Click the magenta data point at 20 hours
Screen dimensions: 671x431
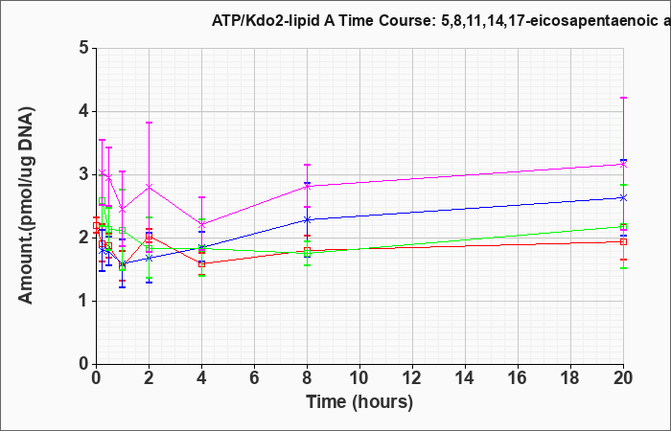623,164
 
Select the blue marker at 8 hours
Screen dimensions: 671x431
308,219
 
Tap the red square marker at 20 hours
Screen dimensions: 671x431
623,241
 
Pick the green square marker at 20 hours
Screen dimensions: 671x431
623,227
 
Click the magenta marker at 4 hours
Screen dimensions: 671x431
201,224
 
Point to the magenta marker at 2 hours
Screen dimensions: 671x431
149,187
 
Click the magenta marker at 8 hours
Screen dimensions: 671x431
308,186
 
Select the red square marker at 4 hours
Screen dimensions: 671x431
201,263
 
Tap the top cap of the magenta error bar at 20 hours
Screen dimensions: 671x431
623,98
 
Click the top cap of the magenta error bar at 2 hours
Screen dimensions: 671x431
149,123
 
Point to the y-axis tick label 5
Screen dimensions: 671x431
84,48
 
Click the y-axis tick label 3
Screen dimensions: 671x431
84,174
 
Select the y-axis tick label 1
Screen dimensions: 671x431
84,301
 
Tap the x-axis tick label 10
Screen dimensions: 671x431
359,378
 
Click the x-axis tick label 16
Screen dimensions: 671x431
518,378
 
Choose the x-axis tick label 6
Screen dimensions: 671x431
255,378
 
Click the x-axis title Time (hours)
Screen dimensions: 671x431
359,402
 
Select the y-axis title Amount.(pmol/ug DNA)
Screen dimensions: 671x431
27,206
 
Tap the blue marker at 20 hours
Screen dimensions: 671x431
623,197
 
